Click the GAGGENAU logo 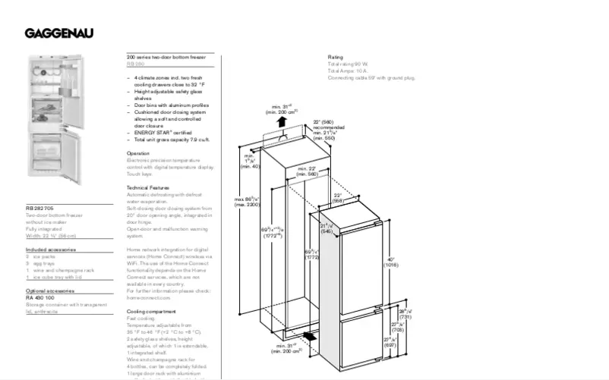[60, 33]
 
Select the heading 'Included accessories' [50, 249]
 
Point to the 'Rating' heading [336, 57]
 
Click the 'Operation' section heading [139, 153]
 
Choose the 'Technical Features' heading [148, 187]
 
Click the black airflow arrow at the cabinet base [308, 336]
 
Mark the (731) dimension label [405, 316]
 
